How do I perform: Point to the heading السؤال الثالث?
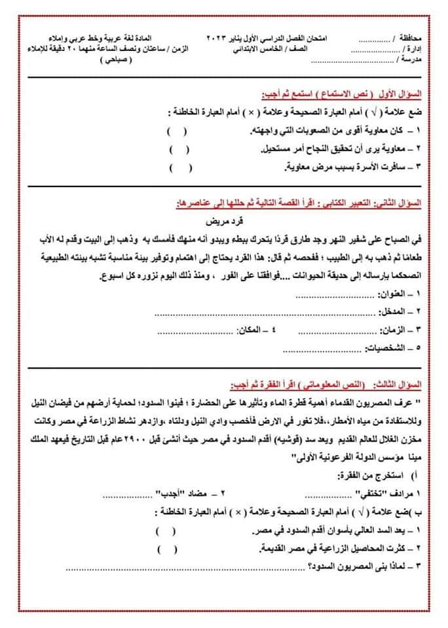pos(401,381)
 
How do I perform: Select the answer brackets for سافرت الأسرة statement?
pos(181,169)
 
